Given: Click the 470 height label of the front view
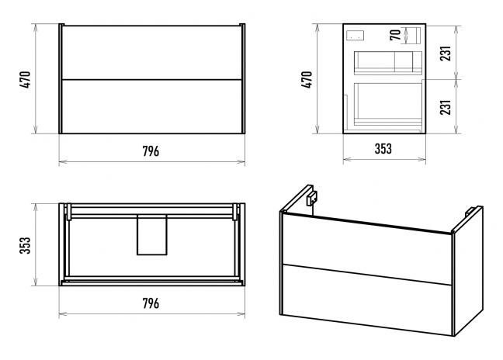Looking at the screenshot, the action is click(25, 79).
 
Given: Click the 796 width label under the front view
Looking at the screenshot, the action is click(151, 151).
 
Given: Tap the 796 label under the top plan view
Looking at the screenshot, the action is click(151, 303).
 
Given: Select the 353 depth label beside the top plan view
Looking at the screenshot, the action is click(25, 245).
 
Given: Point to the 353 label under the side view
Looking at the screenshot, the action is click(383, 148).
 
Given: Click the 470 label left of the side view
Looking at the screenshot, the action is click(307, 79).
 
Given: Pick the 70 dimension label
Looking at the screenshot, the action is click(395, 35).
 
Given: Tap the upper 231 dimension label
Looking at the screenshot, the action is click(446, 54).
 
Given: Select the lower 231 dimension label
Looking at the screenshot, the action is click(446, 107).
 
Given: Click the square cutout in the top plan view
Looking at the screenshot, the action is click(151, 235).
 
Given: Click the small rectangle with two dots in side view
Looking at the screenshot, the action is click(355, 36).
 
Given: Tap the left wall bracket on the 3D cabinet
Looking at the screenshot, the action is click(312, 198).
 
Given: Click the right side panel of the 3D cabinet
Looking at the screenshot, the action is click(469, 271).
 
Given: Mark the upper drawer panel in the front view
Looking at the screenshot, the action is click(151, 52).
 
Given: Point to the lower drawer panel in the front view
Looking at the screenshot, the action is click(151, 106).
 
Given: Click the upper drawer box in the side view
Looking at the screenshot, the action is click(388, 63).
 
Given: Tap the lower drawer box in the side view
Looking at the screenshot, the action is click(388, 104).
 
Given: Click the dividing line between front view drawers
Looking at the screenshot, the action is click(151, 79).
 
